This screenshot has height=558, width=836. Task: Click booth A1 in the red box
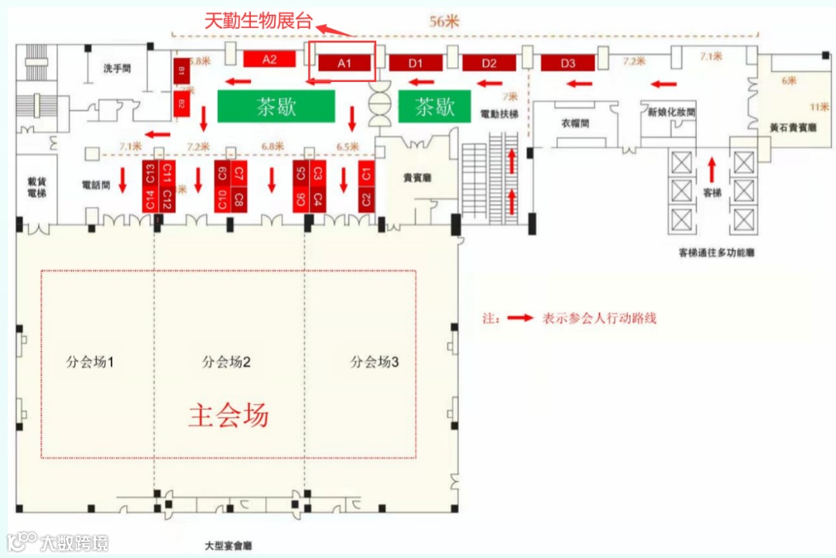click(344, 63)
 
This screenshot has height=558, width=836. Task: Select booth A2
click(269, 59)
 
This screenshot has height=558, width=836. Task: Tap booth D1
click(416, 63)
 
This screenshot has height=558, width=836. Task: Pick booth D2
click(489, 63)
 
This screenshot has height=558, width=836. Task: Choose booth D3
click(568, 63)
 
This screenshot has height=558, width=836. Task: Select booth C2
click(365, 200)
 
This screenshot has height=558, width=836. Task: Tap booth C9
click(223, 173)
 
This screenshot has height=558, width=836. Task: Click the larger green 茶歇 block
click(276, 106)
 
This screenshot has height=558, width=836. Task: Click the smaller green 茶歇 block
click(435, 107)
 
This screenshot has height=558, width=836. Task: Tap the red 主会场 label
click(229, 416)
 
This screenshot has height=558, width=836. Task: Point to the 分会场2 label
click(227, 361)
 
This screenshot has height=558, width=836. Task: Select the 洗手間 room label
click(117, 68)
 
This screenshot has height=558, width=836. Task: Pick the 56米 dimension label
click(444, 22)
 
